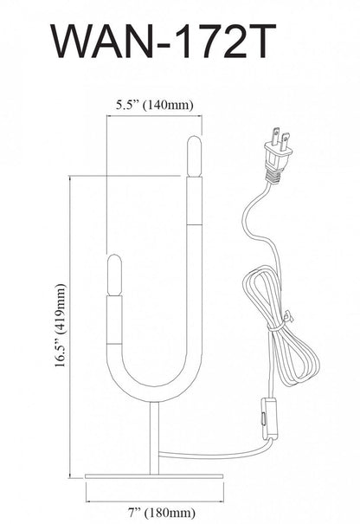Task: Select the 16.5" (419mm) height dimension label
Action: (x=60, y=326)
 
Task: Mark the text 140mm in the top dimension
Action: (x=170, y=105)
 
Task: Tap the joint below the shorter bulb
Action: (x=110, y=297)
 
